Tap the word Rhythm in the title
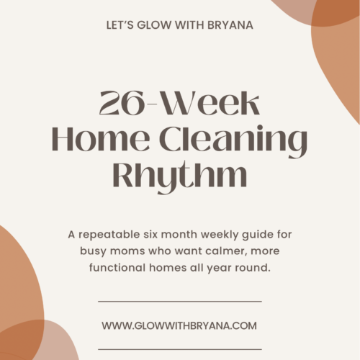coord(179,174)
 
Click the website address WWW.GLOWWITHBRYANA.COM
coord(179,325)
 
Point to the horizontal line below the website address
coord(179,349)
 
